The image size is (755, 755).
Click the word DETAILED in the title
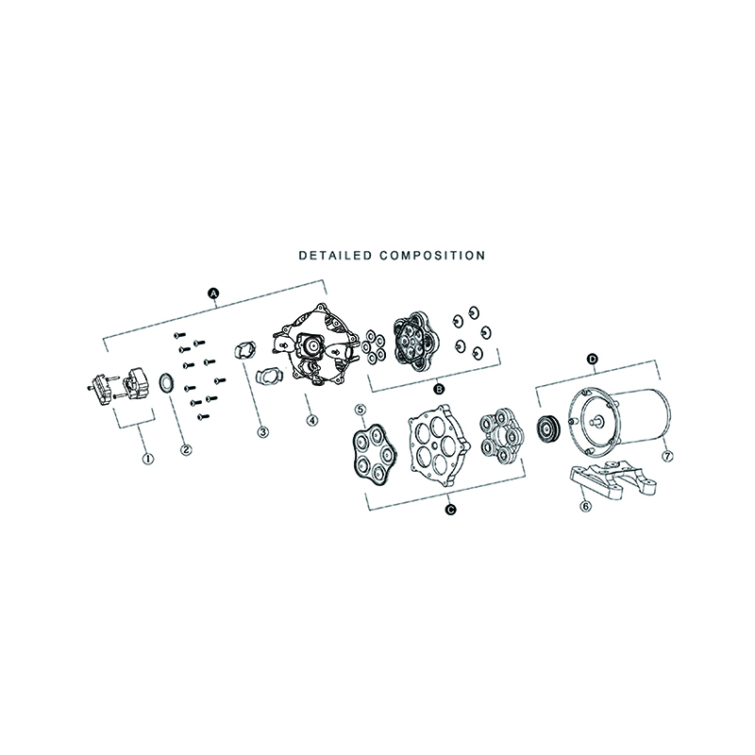point(335,255)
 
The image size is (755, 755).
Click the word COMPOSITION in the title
point(432,255)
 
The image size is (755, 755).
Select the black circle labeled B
point(439,388)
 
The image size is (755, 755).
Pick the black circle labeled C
point(451,510)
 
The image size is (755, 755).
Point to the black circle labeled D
point(593,360)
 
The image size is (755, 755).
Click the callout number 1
point(148,458)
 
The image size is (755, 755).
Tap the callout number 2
point(186,450)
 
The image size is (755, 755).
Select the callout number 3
point(262,432)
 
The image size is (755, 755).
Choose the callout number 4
point(312,420)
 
